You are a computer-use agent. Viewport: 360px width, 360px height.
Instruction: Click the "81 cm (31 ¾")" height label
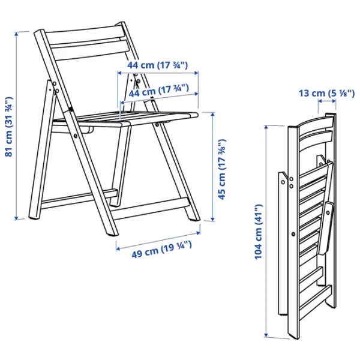9,127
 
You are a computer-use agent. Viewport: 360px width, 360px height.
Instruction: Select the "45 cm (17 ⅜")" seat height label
222,169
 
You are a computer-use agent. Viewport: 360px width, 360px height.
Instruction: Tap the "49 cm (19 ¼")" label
161,250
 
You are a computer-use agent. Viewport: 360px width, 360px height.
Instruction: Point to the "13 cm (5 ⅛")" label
327,93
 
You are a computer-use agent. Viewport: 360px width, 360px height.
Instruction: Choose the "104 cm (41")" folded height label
258,232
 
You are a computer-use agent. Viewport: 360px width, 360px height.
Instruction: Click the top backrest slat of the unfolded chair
85,34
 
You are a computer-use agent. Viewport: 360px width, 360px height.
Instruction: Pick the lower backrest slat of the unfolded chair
89,49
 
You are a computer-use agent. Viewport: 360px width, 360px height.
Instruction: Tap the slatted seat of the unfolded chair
125,118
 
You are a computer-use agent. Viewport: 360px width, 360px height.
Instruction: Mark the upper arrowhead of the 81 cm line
16,34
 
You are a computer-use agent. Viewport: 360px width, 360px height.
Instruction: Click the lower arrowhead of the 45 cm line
213,220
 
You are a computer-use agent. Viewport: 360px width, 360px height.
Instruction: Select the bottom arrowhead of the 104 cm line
266,335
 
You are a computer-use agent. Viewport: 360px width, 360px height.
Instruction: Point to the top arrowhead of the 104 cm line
266,127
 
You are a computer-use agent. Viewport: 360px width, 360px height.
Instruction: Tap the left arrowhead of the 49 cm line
118,249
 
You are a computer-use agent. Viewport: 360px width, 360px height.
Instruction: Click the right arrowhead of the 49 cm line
198,233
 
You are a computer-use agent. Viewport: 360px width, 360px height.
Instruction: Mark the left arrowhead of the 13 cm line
320,101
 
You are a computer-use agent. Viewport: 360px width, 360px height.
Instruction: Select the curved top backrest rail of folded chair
315,121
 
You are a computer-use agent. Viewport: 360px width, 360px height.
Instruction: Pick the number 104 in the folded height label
258,250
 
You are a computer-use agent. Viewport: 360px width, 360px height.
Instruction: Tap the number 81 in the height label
9,152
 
